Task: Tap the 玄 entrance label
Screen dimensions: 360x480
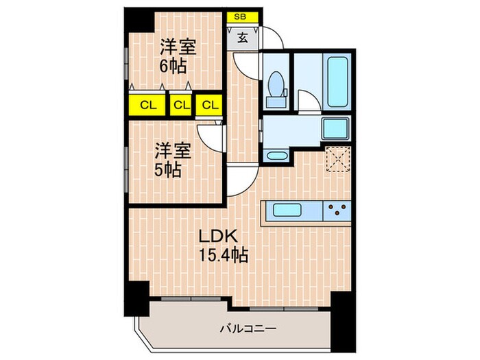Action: tap(243, 38)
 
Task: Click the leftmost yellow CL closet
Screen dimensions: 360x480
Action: tap(145, 106)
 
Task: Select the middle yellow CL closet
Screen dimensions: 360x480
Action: tap(180, 106)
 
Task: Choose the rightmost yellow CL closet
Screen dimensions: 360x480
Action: tap(209, 106)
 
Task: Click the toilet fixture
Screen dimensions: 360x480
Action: tap(277, 87)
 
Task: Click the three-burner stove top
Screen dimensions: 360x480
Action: tap(337, 208)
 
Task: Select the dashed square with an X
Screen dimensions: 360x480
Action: tap(337, 161)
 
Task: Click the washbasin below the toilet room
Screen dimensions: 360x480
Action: tap(277, 155)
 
